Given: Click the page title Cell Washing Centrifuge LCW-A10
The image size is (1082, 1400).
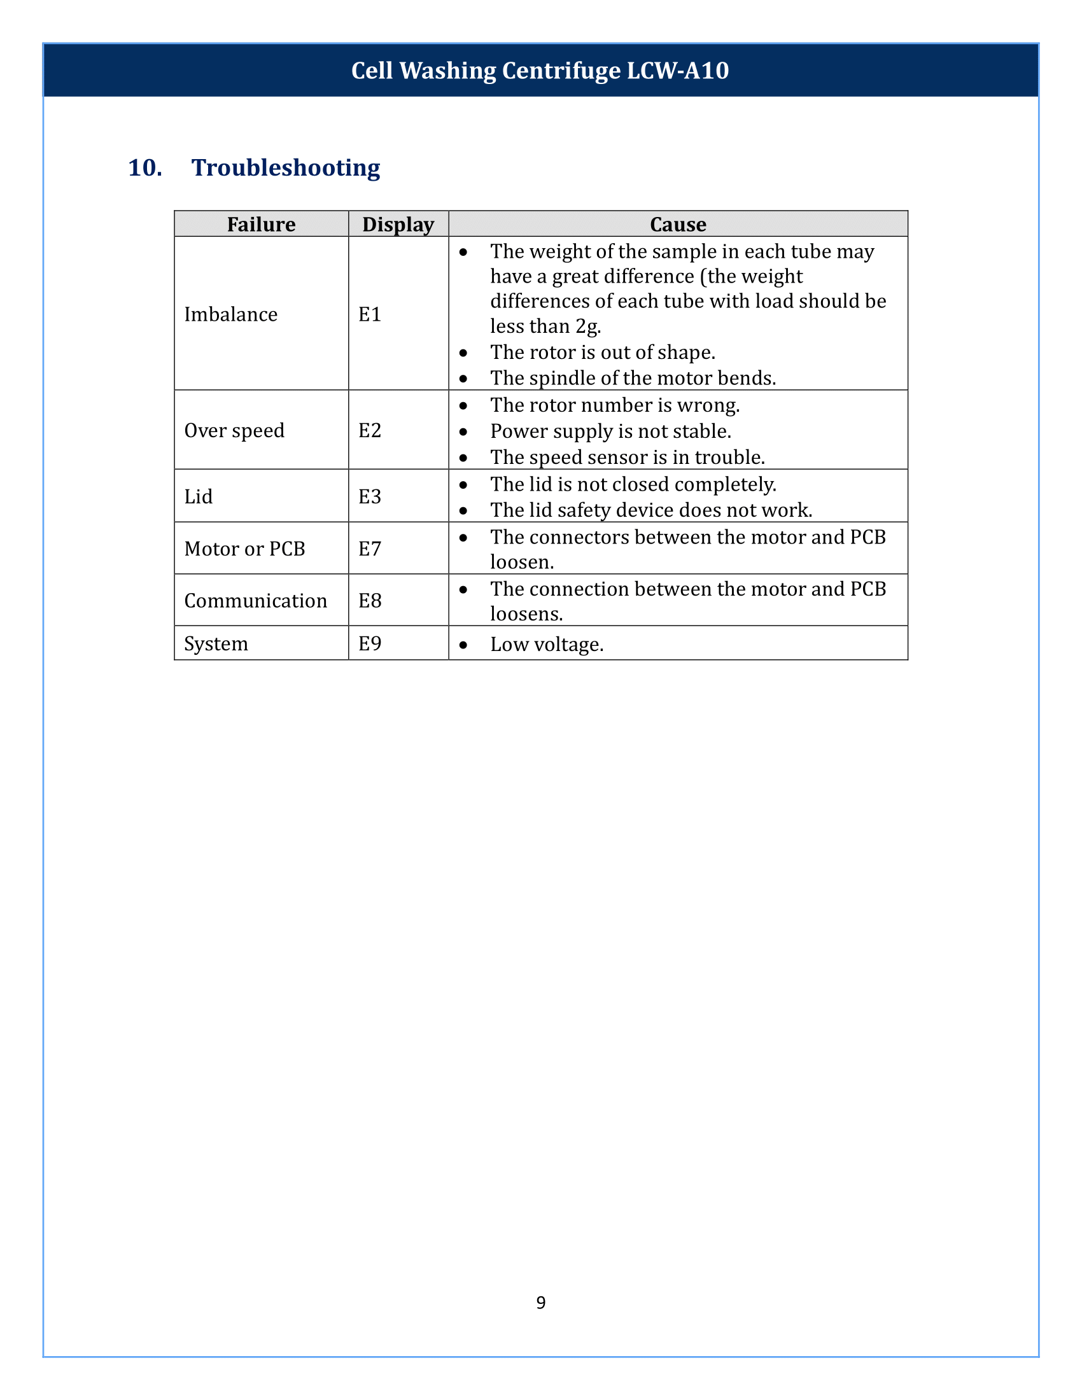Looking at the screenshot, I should tap(540, 71).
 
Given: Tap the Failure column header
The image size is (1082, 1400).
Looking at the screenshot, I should tap(261, 225).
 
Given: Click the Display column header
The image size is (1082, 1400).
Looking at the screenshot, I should tap(398, 225).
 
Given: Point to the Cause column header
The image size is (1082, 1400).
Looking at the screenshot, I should tap(678, 225).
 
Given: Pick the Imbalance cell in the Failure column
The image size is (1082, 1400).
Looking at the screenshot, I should tap(231, 314).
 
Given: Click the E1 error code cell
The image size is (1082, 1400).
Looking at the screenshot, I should tap(370, 314).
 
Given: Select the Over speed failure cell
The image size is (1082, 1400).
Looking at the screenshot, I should tap(234, 430).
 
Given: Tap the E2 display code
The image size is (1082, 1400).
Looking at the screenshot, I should tap(370, 430).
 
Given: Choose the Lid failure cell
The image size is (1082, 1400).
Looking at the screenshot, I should tap(198, 496).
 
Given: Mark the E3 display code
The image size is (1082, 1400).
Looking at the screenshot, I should tap(370, 496).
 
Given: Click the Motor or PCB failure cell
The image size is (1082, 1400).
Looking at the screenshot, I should tap(244, 549).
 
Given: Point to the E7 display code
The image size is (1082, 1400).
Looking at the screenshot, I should tap(370, 549).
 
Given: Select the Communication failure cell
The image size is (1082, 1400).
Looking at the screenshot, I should tap(255, 601).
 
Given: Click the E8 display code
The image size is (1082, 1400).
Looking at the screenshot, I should tap(370, 601).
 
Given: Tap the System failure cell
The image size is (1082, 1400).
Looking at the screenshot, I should tap(216, 643).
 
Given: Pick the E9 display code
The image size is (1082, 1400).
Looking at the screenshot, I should tap(370, 643).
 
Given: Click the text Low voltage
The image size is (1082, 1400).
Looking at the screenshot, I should tap(547, 644).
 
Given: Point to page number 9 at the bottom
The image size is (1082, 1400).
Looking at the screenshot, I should tap(541, 1303).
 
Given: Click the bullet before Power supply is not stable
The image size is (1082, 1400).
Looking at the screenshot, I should tap(463, 432).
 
